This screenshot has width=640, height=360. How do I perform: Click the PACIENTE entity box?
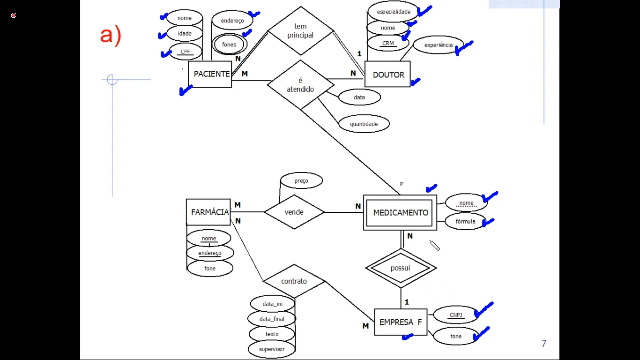pos(210,74)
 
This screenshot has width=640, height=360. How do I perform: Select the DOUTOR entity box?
pos(388,74)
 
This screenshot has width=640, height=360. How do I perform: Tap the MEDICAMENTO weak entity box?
pos(400,213)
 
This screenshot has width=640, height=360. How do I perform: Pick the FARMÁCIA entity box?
pos(208,212)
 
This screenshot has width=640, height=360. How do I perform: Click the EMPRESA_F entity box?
pos(401,322)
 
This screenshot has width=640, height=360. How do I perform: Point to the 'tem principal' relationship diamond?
pos(300,31)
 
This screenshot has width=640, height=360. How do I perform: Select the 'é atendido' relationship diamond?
pos(300,85)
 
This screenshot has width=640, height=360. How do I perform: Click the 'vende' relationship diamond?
pos(294,212)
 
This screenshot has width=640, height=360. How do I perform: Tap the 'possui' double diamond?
pos(401,268)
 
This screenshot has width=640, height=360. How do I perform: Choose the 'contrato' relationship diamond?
pos(294,281)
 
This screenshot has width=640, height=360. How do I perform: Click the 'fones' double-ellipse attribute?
pos(229,44)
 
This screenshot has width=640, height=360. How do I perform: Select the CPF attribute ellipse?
pos(185,52)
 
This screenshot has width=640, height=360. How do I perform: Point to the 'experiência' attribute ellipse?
pos(438,45)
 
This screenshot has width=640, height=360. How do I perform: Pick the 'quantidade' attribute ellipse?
pos(364,124)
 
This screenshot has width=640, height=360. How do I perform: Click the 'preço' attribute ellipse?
pos(301,181)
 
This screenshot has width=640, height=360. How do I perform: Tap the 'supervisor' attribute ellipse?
pos(272,349)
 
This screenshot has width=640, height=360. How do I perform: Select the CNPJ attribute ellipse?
pos(456,315)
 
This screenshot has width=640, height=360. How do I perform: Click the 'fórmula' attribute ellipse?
pos(465,221)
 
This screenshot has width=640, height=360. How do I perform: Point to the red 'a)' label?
pos(111,35)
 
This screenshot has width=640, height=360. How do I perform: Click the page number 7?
pos(544,343)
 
